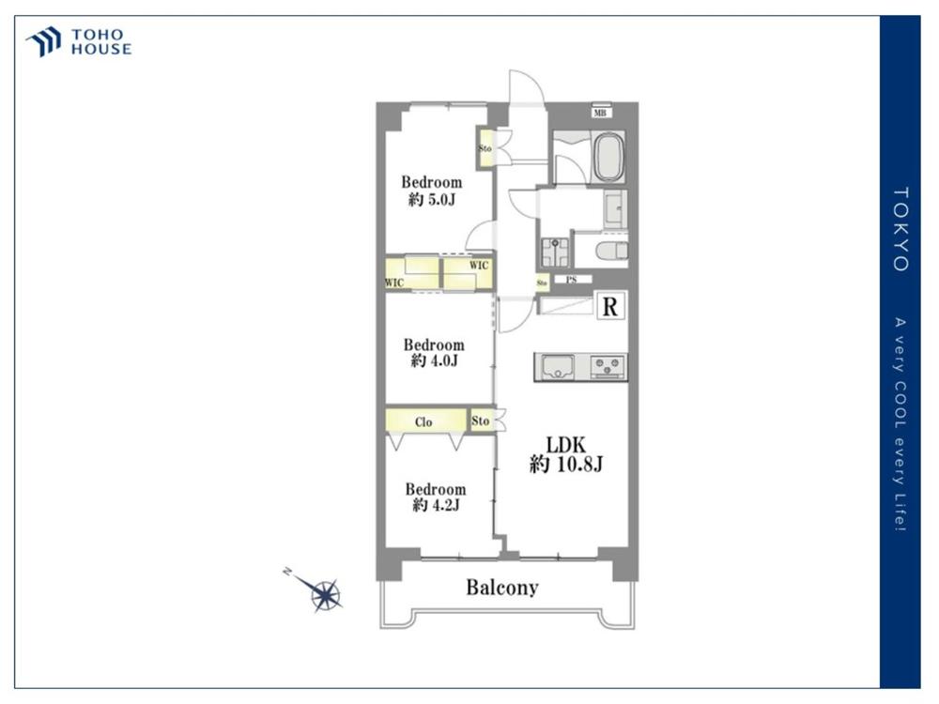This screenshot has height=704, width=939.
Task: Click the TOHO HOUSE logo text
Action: click(101, 42)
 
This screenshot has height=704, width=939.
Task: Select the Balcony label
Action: click(501, 588)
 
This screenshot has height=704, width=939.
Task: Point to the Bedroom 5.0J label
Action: click(431, 191)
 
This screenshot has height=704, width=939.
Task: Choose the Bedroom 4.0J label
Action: click(434, 352)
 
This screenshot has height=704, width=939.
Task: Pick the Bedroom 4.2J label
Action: click(436, 497)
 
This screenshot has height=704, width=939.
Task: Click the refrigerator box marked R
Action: click(609, 307)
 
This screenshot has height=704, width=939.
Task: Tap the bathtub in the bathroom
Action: click(608, 159)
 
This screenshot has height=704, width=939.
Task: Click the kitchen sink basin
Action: click(558, 366)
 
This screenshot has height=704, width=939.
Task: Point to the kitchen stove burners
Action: click(608, 366)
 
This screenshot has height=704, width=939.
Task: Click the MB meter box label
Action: click(600, 113)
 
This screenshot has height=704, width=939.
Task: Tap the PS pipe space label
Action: click(572, 280)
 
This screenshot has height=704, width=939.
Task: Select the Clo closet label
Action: click(423, 422)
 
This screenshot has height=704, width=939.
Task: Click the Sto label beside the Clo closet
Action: click(480, 421)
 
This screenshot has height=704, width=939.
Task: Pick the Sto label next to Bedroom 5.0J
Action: click(485, 148)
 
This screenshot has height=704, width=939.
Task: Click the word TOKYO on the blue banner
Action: click(901, 229)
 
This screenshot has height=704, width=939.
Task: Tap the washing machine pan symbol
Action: click(555, 252)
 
